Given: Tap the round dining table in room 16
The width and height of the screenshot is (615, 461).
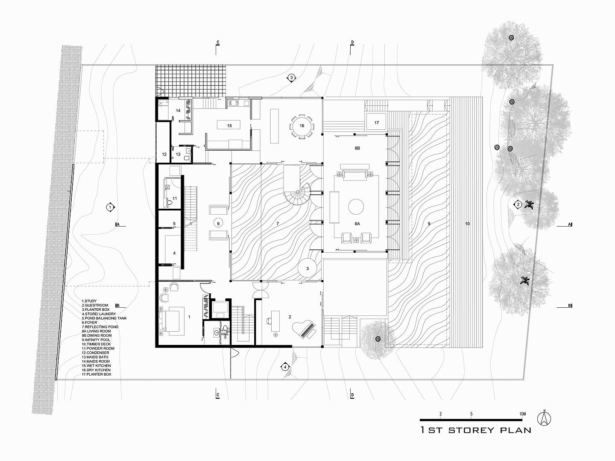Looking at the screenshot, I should (x=302, y=126).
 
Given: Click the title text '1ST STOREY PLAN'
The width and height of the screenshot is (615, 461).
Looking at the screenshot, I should (x=476, y=430).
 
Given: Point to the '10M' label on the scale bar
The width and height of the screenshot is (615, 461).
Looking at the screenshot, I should (x=522, y=414).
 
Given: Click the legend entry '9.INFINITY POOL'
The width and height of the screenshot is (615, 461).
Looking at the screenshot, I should (x=96, y=340).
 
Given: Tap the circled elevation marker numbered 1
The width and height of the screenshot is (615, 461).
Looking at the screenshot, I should (x=110, y=207).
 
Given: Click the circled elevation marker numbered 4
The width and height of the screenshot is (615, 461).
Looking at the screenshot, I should (x=285, y=367).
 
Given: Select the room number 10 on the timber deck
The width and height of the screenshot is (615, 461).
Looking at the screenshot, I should (x=467, y=224).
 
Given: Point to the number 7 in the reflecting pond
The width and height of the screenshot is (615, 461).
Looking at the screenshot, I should (x=278, y=223).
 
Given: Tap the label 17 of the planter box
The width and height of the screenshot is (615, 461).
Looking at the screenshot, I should (x=377, y=123).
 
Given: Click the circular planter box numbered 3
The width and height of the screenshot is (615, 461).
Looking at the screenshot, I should (x=307, y=268).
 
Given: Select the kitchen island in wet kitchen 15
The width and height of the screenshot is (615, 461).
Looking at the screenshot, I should (x=228, y=125).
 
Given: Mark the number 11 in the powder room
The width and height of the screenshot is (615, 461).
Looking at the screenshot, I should (x=175, y=198).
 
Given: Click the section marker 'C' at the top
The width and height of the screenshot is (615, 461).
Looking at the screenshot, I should (x=217, y=43).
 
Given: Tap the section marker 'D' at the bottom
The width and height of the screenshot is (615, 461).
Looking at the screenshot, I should (x=352, y=395).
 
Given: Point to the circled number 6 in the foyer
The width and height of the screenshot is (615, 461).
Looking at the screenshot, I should (x=218, y=223).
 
